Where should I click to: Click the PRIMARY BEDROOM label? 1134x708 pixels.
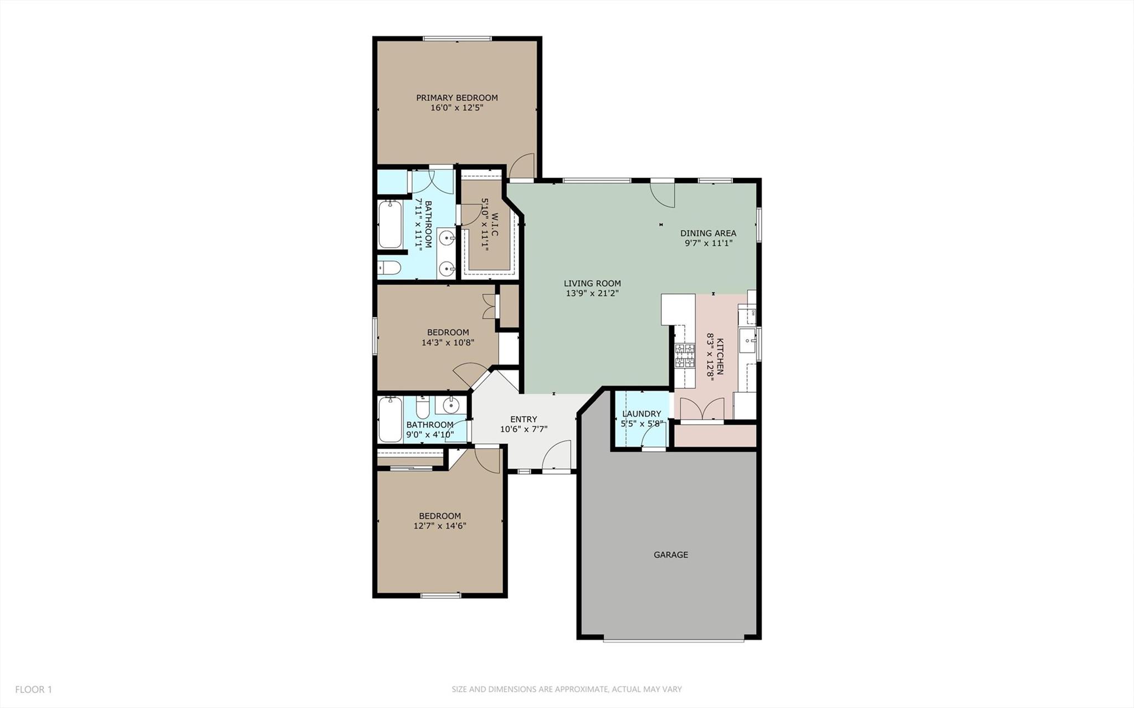coord(457,98)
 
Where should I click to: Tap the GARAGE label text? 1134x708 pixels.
coord(671,555)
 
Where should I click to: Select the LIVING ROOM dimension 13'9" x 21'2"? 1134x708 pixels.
coord(592,293)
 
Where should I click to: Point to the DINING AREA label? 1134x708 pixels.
coord(708,233)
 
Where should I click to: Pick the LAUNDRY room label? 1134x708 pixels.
coord(642,414)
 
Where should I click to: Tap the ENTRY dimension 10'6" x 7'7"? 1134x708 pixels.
coord(524,429)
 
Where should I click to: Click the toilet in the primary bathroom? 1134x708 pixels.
coord(389,268)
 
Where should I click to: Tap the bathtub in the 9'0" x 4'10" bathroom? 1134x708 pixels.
coord(390,419)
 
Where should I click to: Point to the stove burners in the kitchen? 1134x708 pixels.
coord(685,356)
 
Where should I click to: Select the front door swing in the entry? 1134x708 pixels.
coord(556,456)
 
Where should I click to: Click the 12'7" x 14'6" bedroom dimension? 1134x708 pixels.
coord(440,526)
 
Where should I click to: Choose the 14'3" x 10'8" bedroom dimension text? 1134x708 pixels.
coord(448,342)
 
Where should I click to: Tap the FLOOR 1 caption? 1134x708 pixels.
coord(33,690)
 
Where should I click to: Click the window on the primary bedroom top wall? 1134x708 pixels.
coord(457,39)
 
